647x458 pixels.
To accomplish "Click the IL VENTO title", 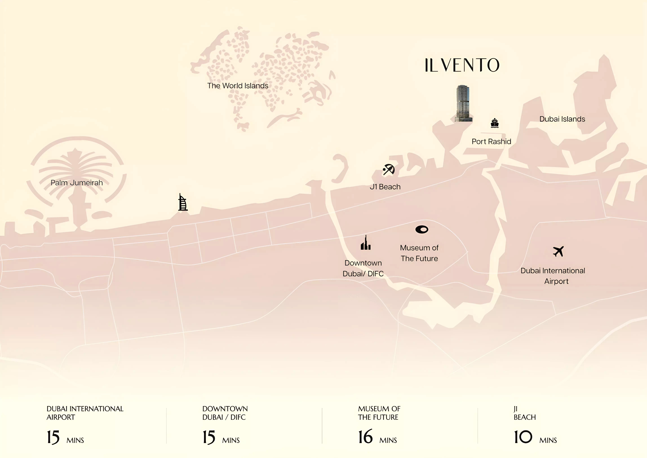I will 462,65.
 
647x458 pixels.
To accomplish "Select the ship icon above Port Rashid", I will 495,123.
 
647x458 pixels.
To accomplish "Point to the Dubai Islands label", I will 562,119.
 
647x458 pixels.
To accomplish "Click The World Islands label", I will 238,86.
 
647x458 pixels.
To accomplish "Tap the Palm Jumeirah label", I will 77,183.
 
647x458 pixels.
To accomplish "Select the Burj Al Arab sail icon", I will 183,202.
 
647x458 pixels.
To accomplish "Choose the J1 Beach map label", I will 385,187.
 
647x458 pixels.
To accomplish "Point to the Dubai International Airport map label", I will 553,276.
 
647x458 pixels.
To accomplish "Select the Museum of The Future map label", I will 419,253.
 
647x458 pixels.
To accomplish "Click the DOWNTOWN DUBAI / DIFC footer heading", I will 225,413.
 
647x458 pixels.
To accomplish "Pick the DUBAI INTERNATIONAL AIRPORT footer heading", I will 85,413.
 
